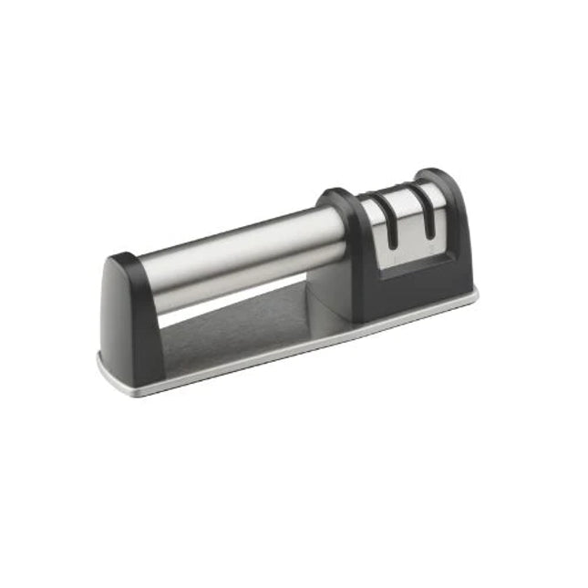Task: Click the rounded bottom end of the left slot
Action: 393,247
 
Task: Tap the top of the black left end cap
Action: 123,261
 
